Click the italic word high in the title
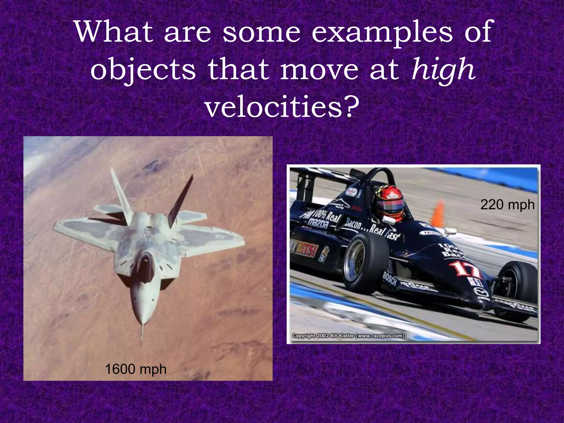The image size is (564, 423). tap(443, 70)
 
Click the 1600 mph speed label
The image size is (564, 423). tap(136, 369)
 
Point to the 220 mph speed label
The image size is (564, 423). tap(507, 205)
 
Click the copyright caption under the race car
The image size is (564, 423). tap(348, 336)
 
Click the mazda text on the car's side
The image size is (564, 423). tap(318, 223)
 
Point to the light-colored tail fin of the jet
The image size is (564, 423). tap(121, 193)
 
